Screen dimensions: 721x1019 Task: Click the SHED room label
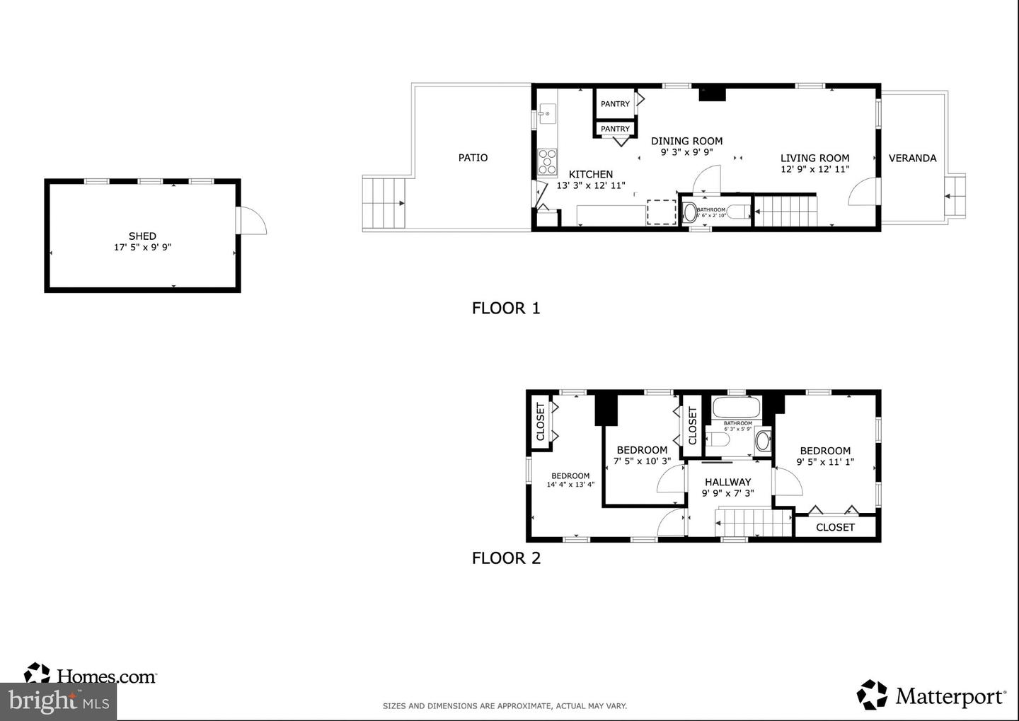[142, 236]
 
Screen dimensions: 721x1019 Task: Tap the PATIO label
[473, 158]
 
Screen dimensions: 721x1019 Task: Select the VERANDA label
[912, 158]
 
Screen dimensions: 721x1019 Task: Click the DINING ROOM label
[686, 141]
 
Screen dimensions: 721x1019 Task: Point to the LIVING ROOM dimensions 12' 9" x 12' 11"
[814, 169]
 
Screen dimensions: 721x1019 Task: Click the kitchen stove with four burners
[547, 162]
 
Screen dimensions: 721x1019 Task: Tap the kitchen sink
[547, 113]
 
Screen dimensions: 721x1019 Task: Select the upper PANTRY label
[615, 104]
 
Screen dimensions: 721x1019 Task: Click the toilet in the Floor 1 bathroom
[690, 212]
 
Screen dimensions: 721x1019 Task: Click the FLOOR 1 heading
[506, 308]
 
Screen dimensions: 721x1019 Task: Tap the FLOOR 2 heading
[506, 558]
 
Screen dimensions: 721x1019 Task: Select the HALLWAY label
[727, 482]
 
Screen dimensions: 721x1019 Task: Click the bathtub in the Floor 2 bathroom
[736, 408]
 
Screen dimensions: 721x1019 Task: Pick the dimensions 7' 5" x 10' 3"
[642, 461]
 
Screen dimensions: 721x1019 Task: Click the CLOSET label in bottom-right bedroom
[835, 527]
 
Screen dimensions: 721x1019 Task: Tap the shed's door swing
[252, 220]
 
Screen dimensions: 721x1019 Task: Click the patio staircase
[384, 203]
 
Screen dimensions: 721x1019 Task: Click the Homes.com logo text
[105, 677]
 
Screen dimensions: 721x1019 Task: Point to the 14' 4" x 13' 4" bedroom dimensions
[570, 485]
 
